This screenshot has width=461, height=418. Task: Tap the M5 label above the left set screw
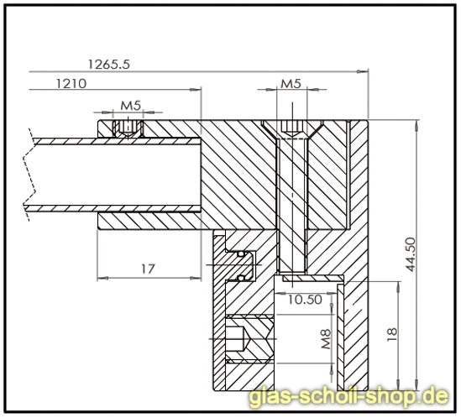(x=130, y=105)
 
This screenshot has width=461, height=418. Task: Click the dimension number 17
(x=148, y=269)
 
